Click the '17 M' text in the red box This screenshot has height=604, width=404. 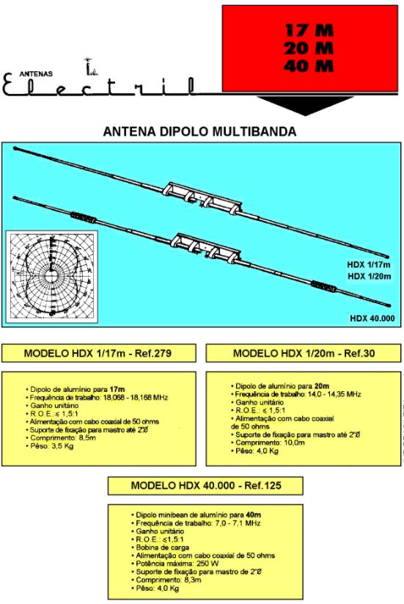(309, 30)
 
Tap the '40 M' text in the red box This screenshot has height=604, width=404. (309, 66)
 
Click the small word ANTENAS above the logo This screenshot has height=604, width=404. (36, 73)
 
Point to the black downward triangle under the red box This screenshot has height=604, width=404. (306, 105)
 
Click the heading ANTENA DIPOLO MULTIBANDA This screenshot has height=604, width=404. (199, 131)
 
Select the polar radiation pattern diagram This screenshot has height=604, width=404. (51, 276)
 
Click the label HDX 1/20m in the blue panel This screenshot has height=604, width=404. (369, 276)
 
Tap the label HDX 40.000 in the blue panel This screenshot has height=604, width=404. (372, 319)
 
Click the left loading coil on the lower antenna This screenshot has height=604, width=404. (83, 218)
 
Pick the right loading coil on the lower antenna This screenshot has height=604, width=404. (323, 286)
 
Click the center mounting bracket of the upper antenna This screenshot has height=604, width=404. (202, 197)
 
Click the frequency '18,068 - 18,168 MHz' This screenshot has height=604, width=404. (136, 398)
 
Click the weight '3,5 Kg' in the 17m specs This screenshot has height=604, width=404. (62, 446)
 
